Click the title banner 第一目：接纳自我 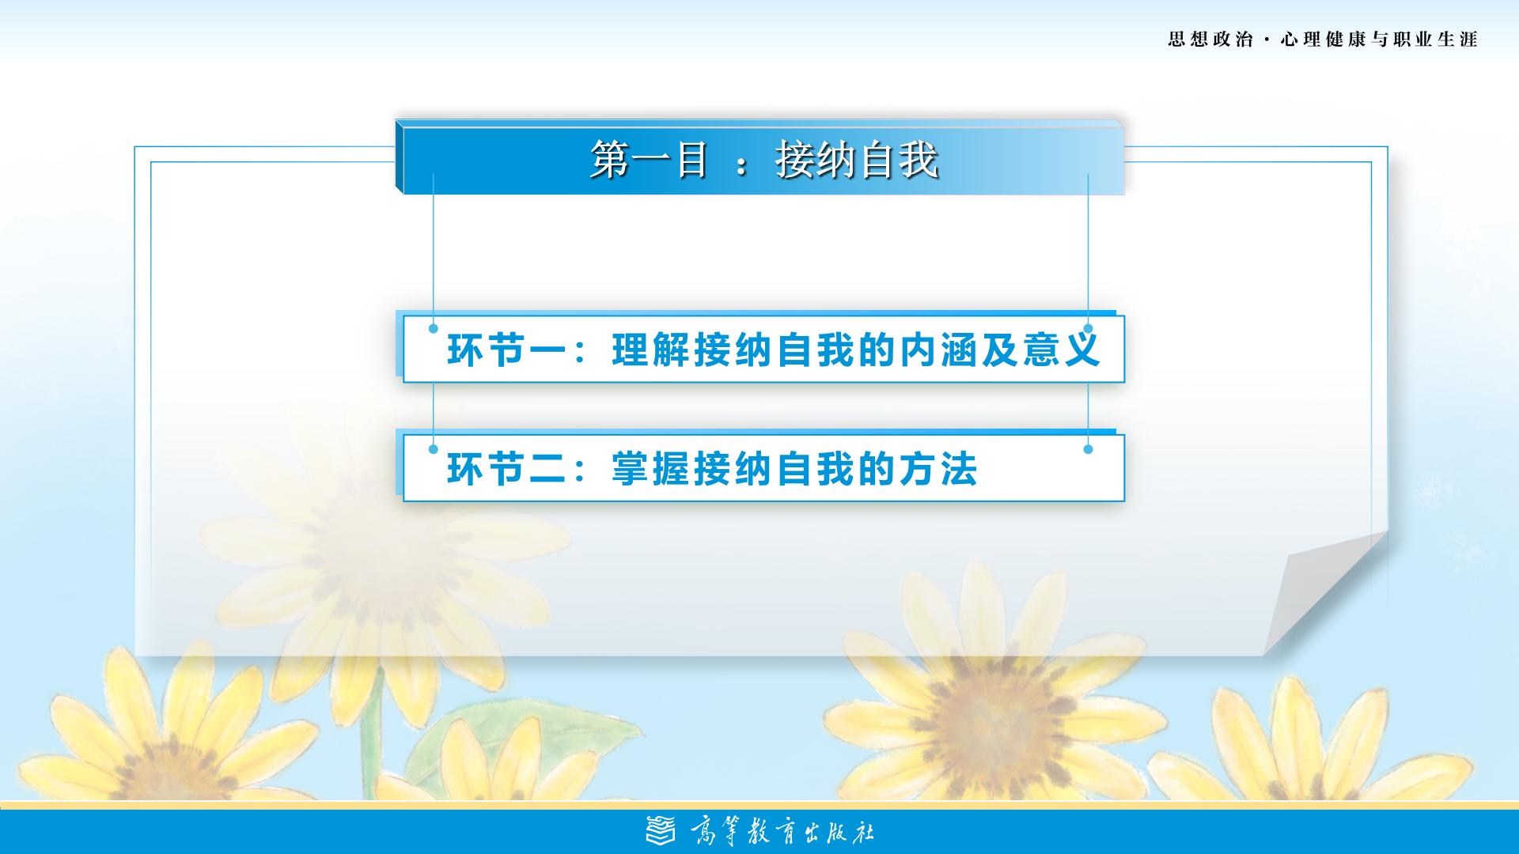[x=759, y=157]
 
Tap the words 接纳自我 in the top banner [x=857, y=161]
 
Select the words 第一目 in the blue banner [x=649, y=161]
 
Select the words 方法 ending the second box [x=938, y=468]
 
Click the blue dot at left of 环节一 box [x=433, y=329]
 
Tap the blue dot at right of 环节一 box [x=1088, y=329]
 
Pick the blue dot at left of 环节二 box [x=433, y=449]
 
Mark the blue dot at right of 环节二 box [x=1088, y=449]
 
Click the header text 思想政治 [x=1210, y=40]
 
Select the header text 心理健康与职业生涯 [x=1379, y=40]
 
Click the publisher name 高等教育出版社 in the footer [x=782, y=833]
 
